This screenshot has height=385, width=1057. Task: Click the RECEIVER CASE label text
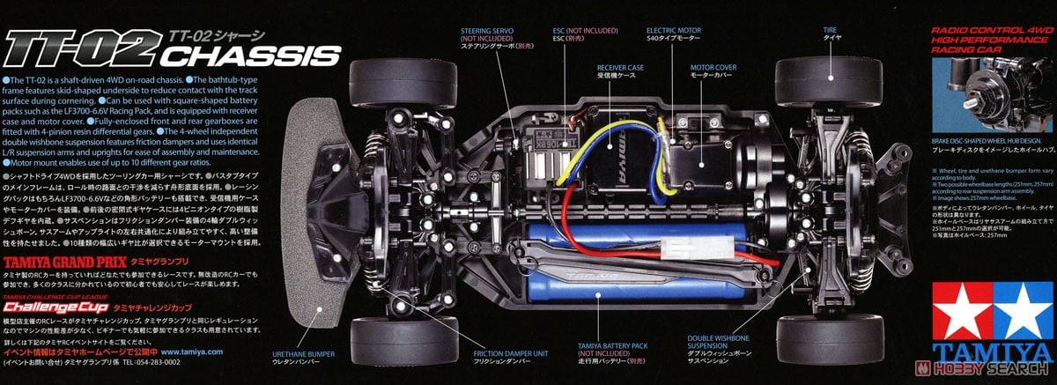tap(617, 67)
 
